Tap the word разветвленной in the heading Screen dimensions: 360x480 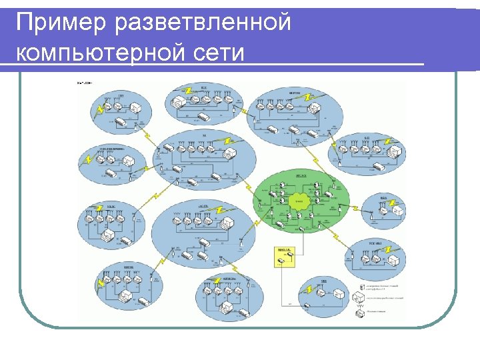[x=203, y=23]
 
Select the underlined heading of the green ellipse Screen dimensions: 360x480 [x=300, y=176]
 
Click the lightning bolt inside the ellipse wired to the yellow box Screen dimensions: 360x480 [x=309, y=290]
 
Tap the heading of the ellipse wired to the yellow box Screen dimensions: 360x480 [x=324, y=282]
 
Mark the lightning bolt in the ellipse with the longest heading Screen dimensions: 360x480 [x=88, y=160]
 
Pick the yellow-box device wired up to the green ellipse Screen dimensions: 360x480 [x=283, y=259]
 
